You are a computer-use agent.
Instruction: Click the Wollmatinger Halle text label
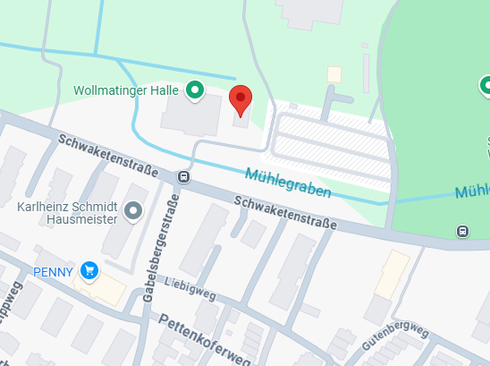127,90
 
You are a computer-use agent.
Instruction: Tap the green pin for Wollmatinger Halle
195,89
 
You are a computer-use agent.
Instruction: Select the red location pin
241,100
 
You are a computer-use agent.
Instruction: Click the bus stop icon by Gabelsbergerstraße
183,176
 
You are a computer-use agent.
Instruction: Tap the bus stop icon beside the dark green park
462,232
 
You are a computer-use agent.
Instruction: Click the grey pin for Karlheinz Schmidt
134,211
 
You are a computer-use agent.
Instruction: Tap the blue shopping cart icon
89,269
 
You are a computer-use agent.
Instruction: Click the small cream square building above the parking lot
334,74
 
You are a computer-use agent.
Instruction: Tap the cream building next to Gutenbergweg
391,275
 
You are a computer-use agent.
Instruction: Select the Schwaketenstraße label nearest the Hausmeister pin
107,156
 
